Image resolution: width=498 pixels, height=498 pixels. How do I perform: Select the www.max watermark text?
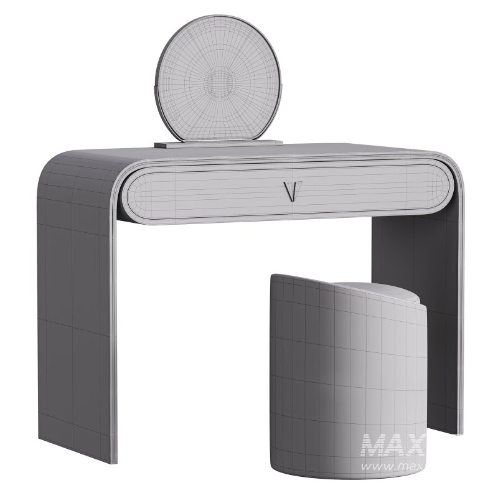392,465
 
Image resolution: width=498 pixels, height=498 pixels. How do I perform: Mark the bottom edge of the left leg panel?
81,459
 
